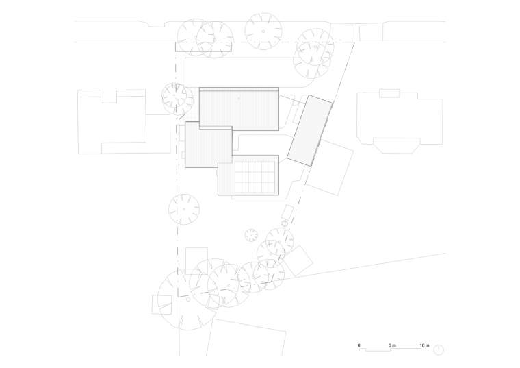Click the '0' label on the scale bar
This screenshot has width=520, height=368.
[359, 345]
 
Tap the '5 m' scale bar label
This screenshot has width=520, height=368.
[392, 345]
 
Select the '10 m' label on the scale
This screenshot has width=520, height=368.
[424, 345]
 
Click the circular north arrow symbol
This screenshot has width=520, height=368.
[439, 349]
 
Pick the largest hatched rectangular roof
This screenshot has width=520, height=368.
[239, 109]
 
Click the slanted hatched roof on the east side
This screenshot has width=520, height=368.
[310, 130]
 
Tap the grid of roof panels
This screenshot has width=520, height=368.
[255, 177]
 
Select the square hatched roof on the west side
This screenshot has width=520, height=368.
[208, 145]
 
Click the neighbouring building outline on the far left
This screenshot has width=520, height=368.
[124, 121]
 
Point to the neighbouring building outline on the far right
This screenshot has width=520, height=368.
[400, 121]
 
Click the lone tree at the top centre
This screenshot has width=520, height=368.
[263, 32]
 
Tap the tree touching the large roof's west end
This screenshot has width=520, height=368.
[177, 99]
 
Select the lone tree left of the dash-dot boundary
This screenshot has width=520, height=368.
[184, 210]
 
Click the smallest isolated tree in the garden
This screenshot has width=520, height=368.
[251, 236]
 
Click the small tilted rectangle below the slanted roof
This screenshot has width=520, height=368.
[287, 212]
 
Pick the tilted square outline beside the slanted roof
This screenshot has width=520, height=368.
[329, 167]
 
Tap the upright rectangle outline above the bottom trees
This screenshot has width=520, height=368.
[196, 260]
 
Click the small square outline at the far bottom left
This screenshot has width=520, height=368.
[162, 304]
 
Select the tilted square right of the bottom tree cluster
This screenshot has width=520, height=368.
[298, 261]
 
